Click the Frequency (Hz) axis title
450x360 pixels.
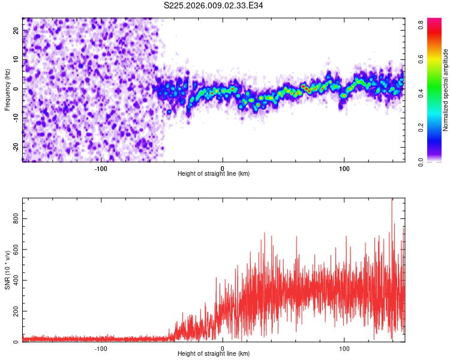(7, 89)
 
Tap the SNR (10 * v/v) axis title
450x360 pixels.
(7, 269)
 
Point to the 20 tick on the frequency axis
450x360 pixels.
(16, 30)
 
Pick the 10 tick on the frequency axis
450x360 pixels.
(16, 59)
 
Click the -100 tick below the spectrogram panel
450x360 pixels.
(101, 169)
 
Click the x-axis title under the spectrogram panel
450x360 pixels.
(214, 173)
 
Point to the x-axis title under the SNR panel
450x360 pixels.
(214, 353)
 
